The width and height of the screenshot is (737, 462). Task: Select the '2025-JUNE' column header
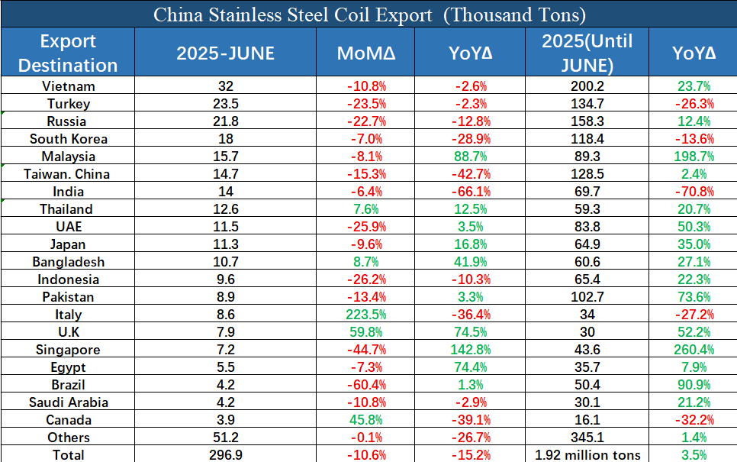[x=225, y=53]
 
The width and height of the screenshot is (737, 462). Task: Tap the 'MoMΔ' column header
[x=366, y=53]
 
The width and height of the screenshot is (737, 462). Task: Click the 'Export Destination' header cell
[x=68, y=53]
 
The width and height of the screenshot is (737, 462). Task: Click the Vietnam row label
[x=68, y=86]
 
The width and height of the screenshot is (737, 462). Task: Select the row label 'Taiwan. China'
[x=68, y=174]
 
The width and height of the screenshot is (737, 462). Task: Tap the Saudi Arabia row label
[x=68, y=402]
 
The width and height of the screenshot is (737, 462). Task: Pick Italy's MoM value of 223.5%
[x=366, y=315]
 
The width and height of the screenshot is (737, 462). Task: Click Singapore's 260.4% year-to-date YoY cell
[x=693, y=350]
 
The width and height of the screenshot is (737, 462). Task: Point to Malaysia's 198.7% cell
[x=693, y=157]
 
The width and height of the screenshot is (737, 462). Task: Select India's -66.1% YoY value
[x=471, y=192]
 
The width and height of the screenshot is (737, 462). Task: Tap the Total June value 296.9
[x=225, y=455]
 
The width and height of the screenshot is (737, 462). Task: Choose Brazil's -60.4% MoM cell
[x=366, y=385]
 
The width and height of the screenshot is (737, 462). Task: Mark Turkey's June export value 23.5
[x=225, y=104]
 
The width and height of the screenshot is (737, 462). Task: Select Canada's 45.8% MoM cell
[x=366, y=420]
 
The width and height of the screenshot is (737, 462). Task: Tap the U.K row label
[x=68, y=332]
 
